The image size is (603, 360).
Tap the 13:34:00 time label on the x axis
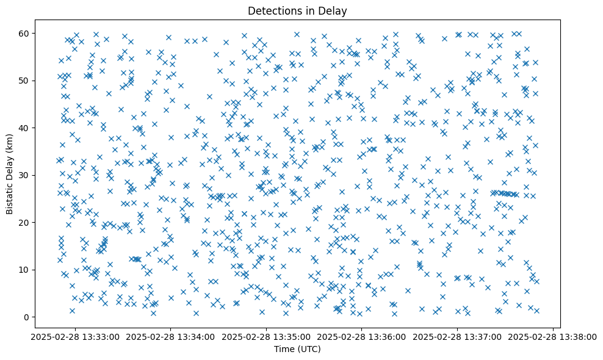170,336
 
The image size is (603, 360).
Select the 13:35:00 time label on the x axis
265,336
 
